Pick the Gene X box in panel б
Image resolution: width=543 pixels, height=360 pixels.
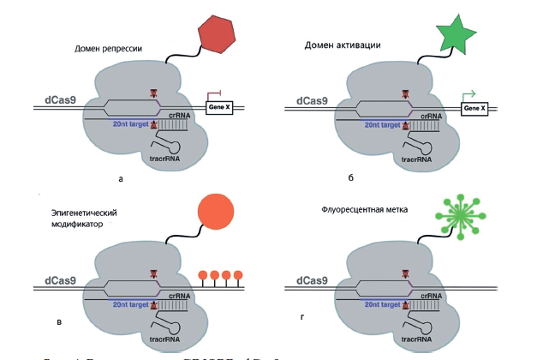(473, 108)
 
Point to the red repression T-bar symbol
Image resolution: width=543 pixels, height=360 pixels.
(218, 93)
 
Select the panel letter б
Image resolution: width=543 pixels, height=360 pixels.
(351, 177)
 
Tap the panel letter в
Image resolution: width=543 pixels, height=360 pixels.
(60, 322)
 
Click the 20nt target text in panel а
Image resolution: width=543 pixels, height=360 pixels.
(130, 125)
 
